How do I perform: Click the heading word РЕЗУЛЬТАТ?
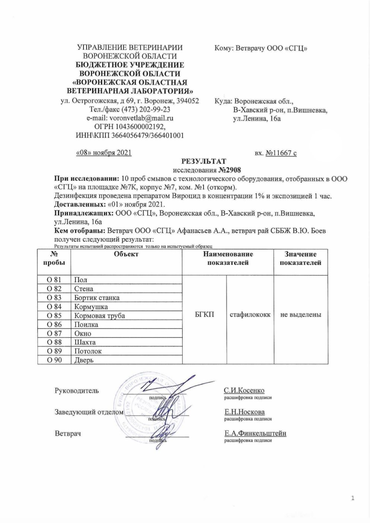[x=203, y=161]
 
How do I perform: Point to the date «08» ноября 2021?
[x=104, y=153]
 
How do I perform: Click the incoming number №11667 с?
[x=281, y=153]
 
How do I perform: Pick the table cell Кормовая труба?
[x=99, y=316]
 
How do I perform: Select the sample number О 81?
[x=54, y=280]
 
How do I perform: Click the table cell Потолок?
[x=88, y=351]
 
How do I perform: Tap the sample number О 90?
[x=54, y=360]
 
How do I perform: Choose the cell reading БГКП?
[x=205, y=315]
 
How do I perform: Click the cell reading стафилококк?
[x=250, y=315]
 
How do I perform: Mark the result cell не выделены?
[x=301, y=315]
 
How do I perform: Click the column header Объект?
[x=126, y=254]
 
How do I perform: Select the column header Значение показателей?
[x=300, y=258]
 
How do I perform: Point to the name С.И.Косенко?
[x=244, y=391]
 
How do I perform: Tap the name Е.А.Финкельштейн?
[x=255, y=434]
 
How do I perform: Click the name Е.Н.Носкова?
[x=244, y=412]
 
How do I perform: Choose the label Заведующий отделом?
[x=89, y=412]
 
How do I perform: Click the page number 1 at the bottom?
[x=352, y=498]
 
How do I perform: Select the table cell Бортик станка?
[x=97, y=298]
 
